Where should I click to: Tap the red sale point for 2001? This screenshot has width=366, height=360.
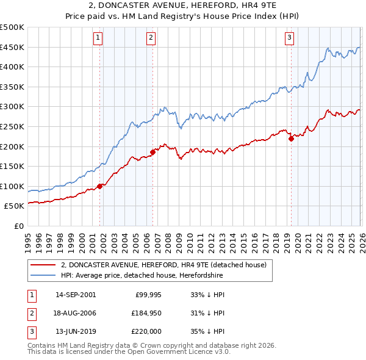[x=99, y=187]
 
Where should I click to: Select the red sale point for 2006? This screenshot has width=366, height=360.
[x=152, y=153]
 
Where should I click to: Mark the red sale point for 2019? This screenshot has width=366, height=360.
[x=291, y=139]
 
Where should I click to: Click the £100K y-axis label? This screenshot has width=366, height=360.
[x=12, y=186]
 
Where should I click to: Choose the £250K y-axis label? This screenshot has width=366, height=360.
[x=12, y=126]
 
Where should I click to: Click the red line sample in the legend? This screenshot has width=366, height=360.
[x=43, y=265]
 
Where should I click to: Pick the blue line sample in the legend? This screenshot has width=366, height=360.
[x=43, y=276]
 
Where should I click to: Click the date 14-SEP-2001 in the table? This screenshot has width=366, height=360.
[x=75, y=295]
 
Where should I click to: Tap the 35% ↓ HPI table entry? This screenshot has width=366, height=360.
[x=208, y=331]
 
